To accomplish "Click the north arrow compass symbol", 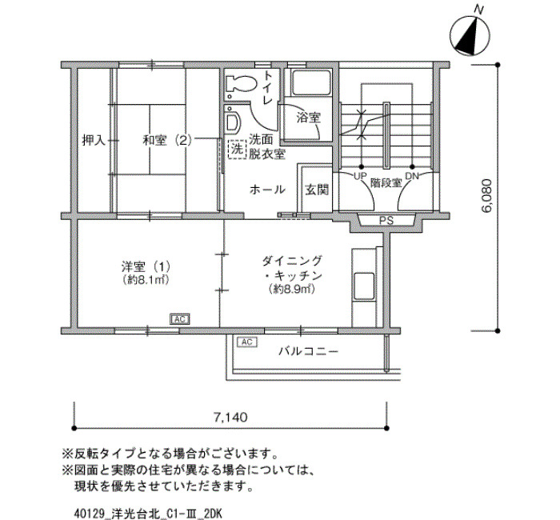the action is (x=470, y=35).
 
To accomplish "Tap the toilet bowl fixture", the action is (x=241, y=85).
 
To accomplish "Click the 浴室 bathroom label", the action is (x=309, y=118).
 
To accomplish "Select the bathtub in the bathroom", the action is (x=310, y=82).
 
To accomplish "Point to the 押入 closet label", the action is (x=94, y=140).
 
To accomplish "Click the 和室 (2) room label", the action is (x=167, y=140).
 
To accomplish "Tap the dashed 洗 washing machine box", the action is (x=237, y=149).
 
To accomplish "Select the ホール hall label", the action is (x=267, y=190).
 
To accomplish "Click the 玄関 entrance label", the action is (x=317, y=190).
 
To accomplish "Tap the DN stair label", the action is (x=412, y=176).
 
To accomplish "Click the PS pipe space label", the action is (x=386, y=221).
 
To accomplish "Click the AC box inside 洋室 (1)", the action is (x=180, y=319).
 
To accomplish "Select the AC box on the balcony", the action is (x=246, y=342).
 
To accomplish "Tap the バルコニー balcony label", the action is (x=308, y=352).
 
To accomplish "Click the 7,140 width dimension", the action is (x=230, y=417).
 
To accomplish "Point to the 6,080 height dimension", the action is (x=486, y=197).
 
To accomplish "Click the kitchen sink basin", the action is (x=364, y=286).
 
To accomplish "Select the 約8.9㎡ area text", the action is (x=292, y=289).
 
